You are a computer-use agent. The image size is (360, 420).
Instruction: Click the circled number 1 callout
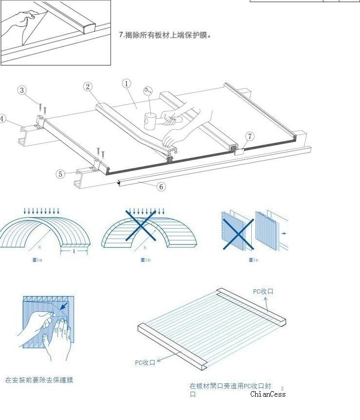point(126,83)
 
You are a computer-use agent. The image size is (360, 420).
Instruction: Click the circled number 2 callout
point(88,86)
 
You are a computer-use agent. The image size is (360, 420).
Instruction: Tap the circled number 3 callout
point(22,90)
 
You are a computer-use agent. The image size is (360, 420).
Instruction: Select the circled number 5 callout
point(60,174)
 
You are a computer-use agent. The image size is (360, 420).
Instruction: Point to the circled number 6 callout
point(161,186)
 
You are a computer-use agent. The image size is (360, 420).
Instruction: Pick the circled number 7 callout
point(250,136)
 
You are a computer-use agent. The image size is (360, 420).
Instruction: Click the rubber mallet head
point(150,121)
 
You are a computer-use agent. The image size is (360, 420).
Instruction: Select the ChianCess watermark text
point(268,394)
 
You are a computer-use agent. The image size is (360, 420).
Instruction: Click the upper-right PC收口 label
point(263,291)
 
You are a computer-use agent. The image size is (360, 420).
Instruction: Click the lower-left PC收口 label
point(145,362)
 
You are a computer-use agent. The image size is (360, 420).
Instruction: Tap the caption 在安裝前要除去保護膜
point(39,380)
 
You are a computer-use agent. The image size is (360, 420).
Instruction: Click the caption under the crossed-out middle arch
point(145,260)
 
